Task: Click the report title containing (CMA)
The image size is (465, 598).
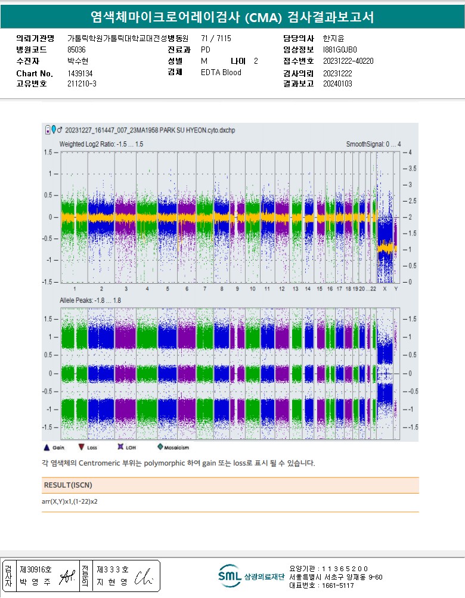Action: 232,17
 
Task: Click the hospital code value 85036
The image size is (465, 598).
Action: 77,49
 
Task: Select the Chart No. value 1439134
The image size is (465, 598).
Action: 80,73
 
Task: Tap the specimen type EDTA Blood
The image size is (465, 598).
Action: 221,72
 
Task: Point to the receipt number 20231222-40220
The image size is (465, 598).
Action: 348,61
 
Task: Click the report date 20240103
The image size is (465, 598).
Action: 337,83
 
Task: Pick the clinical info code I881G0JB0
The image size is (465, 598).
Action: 340,49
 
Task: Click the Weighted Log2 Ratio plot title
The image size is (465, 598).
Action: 101,144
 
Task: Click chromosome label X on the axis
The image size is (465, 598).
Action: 385,289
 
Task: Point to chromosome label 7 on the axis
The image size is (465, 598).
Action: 204,289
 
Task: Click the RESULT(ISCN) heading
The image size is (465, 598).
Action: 68,485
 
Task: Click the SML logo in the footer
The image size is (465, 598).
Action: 229,576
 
